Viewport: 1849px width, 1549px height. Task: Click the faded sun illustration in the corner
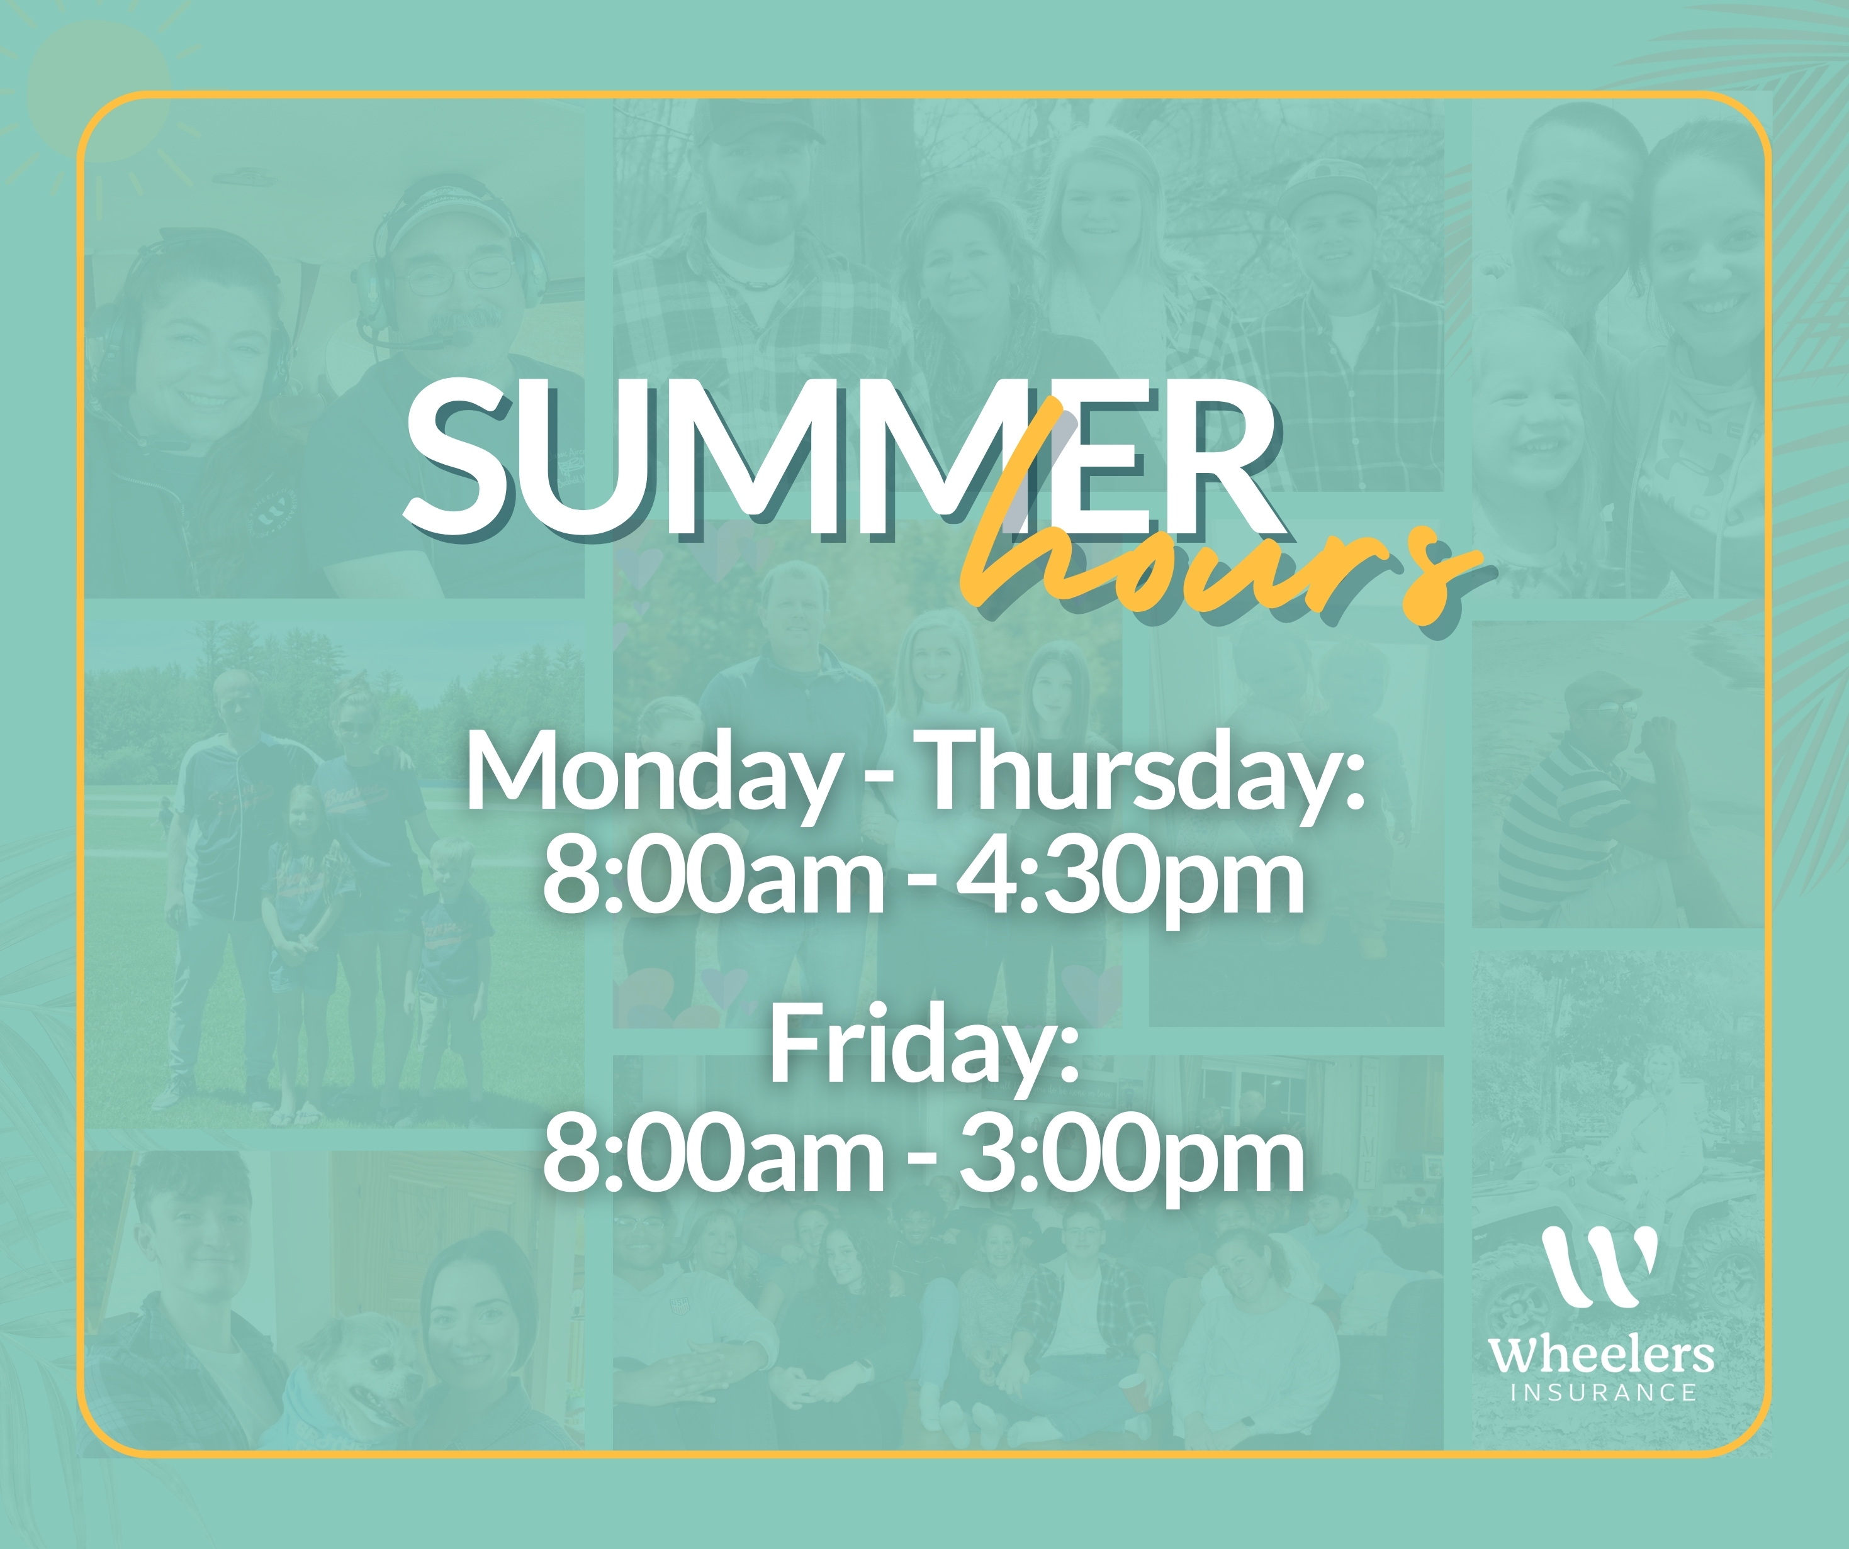99,92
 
